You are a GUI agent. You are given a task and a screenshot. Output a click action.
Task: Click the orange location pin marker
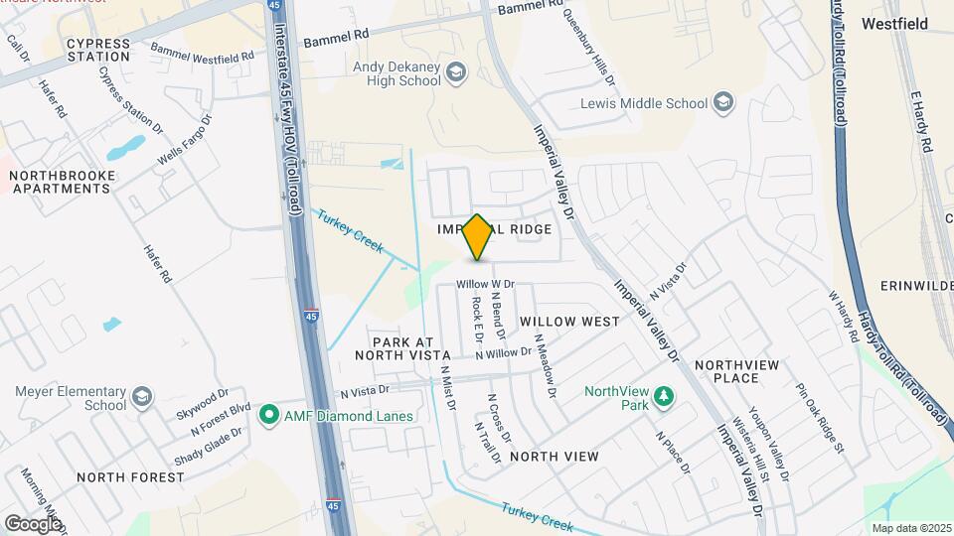(478, 237)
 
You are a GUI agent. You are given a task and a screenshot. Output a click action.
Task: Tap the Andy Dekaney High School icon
(456, 71)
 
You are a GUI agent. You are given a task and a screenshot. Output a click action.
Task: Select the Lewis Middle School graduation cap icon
(723, 102)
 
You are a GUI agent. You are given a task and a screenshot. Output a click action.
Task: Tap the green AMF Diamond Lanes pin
(267, 414)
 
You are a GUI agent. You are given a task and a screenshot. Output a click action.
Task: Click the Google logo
(32, 522)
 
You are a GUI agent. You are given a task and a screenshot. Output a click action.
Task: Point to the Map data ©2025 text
(911, 527)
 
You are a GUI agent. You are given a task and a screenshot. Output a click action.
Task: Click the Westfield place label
(894, 23)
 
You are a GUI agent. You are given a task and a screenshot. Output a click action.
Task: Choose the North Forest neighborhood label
(130, 477)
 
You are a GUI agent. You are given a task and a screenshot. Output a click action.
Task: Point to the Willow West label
(569, 322)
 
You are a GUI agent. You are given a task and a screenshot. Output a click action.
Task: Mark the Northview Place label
(740, 371)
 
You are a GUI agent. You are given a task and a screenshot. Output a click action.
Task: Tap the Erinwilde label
(916, 286)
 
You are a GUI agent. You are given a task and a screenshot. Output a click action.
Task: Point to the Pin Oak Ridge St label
(819, 418)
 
